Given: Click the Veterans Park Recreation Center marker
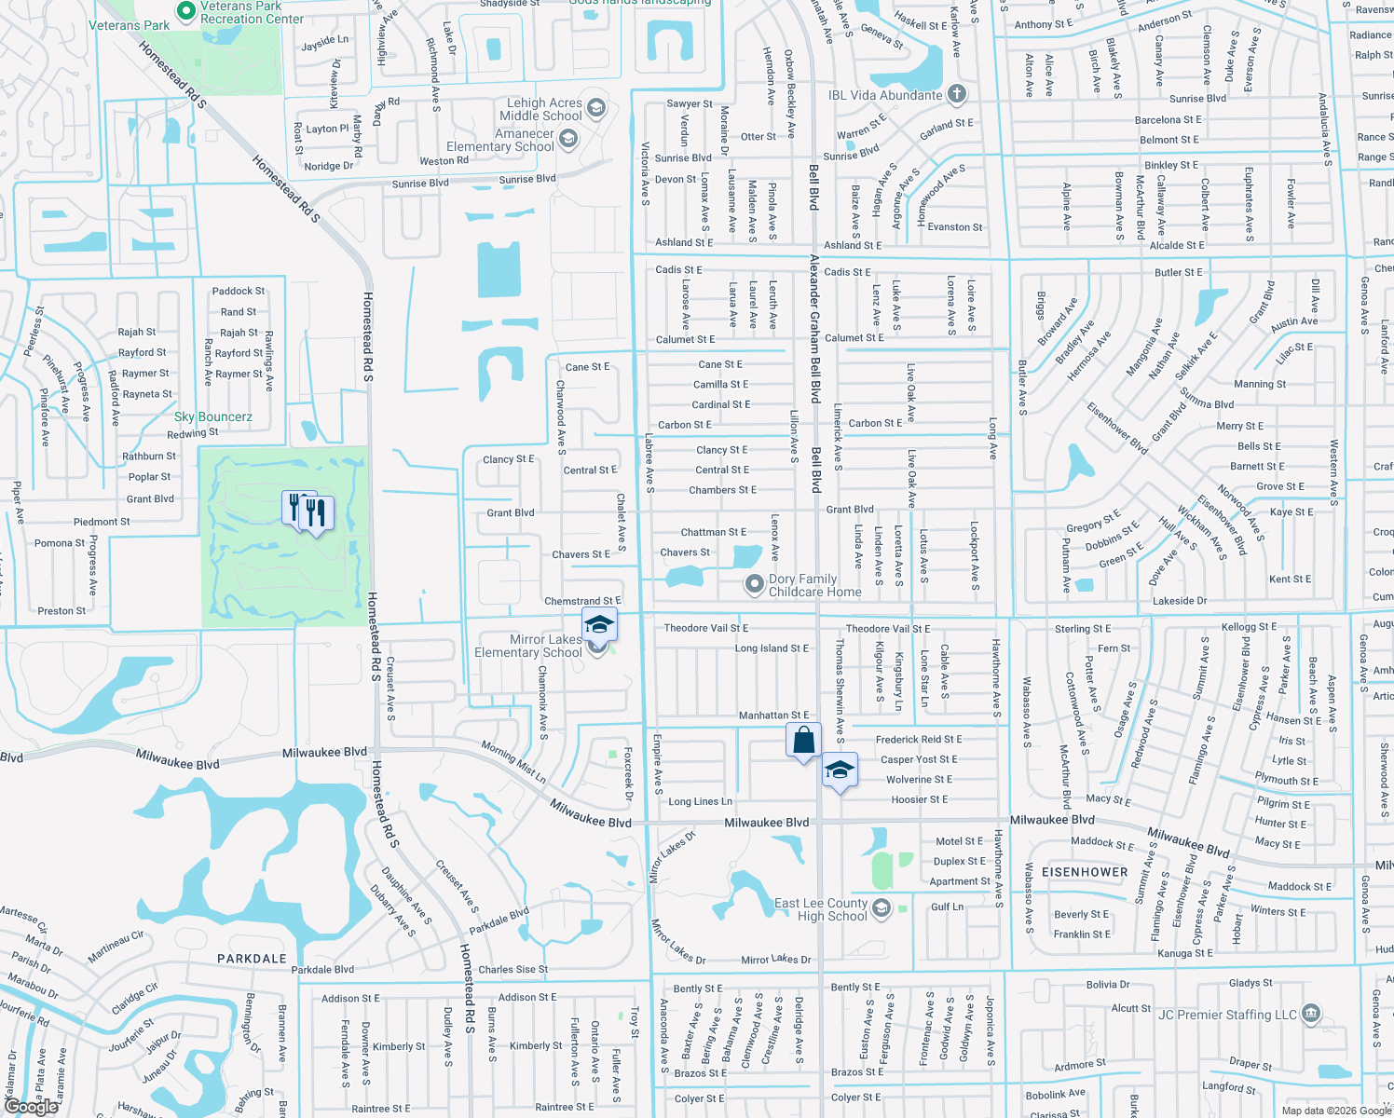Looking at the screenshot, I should pos(186,11).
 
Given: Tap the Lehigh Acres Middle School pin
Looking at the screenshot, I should pos(596,108).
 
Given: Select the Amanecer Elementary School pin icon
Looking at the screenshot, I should pos(567,140).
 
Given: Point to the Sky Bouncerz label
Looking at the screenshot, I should pos(213,416).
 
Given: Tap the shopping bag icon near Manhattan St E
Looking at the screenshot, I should pos(803,741).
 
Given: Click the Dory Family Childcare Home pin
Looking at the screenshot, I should pos(753,584).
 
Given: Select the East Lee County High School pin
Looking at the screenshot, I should pos(881,908).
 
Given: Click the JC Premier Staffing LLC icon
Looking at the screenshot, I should pos(1311,1014).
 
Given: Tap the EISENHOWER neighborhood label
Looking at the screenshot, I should pos(1085,872).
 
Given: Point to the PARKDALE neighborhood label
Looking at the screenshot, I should pos(252,958).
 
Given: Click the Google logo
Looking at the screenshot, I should pos(31,1107).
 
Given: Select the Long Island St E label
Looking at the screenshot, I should pos(772,648).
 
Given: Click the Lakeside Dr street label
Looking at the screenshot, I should pos(1180,601).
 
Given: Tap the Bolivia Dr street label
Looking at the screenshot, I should pos(1107,984).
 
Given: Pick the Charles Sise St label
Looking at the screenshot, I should pos(512,969).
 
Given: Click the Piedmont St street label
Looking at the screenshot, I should pos(102,522).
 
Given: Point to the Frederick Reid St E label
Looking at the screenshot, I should pos(919,739).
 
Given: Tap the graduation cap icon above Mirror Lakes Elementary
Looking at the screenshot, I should pos(599,624).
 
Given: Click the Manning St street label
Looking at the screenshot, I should pos(1259,384).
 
